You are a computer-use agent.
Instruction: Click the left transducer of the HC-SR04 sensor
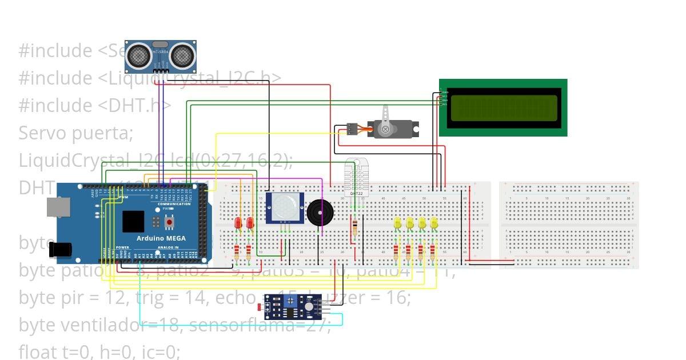tap(138, 55)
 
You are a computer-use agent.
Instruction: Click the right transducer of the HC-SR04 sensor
tap(183, 55)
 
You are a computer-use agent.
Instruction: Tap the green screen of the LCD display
tap(504, 108)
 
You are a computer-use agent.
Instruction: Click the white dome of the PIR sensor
tap(284, 207)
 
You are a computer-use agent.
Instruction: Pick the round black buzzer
tap(318, 213)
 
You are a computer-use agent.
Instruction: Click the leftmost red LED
tap(238, 223)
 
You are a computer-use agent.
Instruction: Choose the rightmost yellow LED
tap(434, 223)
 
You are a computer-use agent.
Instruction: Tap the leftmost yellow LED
tap(398, 223)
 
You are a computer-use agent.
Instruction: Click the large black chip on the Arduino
tap(133, 221)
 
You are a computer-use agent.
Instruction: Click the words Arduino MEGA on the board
tap(162, 238)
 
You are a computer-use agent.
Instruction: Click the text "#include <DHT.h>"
tap(95, 106)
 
